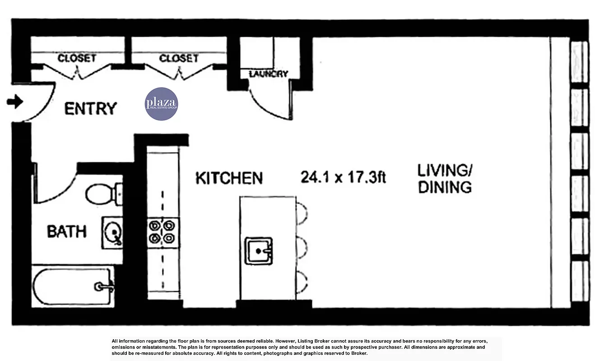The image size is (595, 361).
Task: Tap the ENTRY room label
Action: pyautogui.click(x=90, y=109)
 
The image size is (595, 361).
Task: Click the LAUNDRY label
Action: pyautogui.click(x=268, y=74)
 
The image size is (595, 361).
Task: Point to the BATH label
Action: pyautogui.click(x=67, y=231)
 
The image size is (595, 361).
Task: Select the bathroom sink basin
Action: pyautogui.click(x=113, y=232)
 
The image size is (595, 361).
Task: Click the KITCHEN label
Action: pyautogui.click(x=228, y=178)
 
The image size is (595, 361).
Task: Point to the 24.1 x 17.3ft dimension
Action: pyautogui.click(x=343, y=177)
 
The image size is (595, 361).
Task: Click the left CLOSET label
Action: pyautogui.click(x=77, y=58)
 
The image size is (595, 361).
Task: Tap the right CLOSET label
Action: pyautogui.click(x=178, y=58)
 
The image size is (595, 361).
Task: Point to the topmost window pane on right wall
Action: pyautogui.click(x=579, y=62)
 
